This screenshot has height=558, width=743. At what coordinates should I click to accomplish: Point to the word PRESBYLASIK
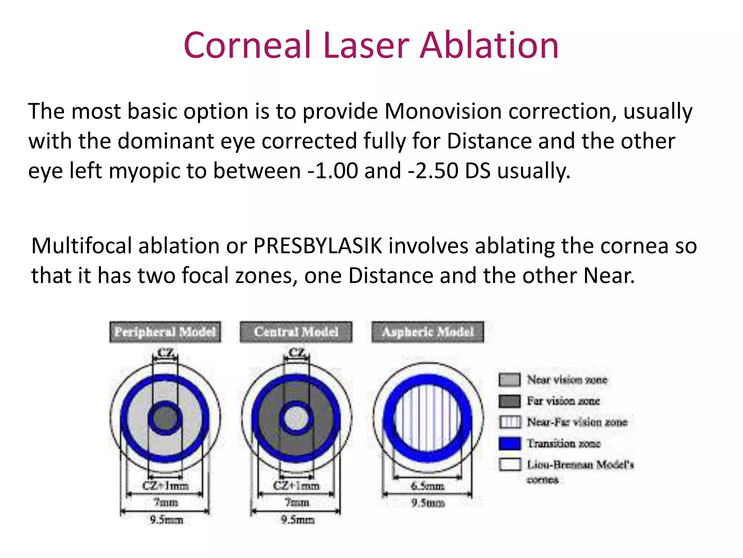(x=318, y=246)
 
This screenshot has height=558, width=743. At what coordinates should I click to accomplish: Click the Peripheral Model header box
(x=165, y=332)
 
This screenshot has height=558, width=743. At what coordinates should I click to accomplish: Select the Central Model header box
(x=296, y=332)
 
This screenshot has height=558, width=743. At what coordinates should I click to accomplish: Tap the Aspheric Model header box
(x=428, y=332)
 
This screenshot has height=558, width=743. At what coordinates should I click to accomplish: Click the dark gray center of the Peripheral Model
(x=165, y=418)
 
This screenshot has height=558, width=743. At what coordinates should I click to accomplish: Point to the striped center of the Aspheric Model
(x=428, y=418)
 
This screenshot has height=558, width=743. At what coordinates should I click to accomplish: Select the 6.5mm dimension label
(x=427, y=486)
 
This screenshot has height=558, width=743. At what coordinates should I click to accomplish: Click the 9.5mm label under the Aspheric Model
(x=428, y=503)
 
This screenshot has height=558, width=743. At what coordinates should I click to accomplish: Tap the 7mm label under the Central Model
(x=297, y=502)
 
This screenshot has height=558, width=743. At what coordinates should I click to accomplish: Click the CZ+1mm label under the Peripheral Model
(x=165, y=486)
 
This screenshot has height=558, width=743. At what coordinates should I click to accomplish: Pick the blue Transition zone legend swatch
(x=510, y=444)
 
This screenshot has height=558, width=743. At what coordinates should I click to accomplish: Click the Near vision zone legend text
(x=567, y=380)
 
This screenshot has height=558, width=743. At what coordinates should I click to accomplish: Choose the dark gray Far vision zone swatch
(x=510, y=401)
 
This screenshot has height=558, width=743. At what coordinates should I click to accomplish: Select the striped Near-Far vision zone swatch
(x=510, y=422)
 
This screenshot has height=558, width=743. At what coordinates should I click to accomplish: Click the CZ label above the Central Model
(x=297, y=352)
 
